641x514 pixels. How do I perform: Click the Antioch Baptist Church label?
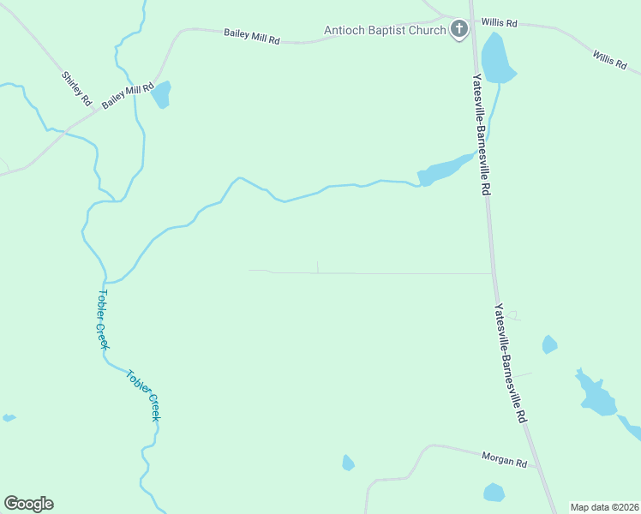[385, 31]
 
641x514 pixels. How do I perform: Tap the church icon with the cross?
[459, 30]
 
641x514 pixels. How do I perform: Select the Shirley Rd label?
[76, 89]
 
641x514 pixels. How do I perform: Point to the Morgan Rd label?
[503, 461]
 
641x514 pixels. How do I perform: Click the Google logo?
[28, 504]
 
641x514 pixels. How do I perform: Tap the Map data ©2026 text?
[604, 507]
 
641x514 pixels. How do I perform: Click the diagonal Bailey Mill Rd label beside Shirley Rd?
[127, 94]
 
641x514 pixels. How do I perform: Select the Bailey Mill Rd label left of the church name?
[252, 36]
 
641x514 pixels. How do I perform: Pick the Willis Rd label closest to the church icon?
[500, 22]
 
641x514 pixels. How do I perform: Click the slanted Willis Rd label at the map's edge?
[609, 60]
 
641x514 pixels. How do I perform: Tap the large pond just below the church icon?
[496, 59]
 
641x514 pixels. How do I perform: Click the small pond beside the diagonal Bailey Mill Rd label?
[161, 94]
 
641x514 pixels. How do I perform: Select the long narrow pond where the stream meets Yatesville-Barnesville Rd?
[446, 169]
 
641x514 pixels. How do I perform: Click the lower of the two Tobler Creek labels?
[143, 394]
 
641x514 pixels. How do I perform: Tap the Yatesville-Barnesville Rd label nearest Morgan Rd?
[509, 364]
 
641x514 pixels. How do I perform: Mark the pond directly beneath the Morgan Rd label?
[494, 493]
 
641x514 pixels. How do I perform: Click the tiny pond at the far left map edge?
[9, 418]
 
